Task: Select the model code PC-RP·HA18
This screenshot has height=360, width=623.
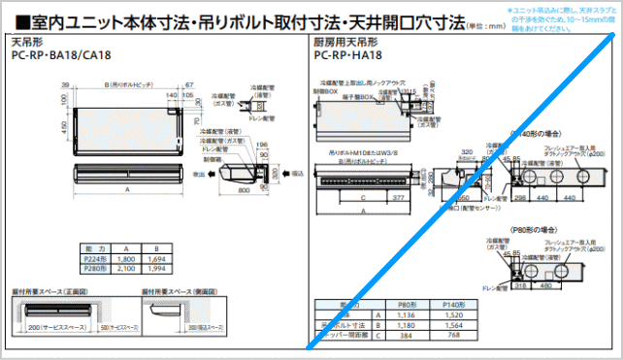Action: tap(347, 55)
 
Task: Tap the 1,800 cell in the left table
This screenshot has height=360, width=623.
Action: tap(125, 259)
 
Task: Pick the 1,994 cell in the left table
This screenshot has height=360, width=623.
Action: tap(158, 269)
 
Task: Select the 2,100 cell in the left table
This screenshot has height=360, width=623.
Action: tap(125, 269)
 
